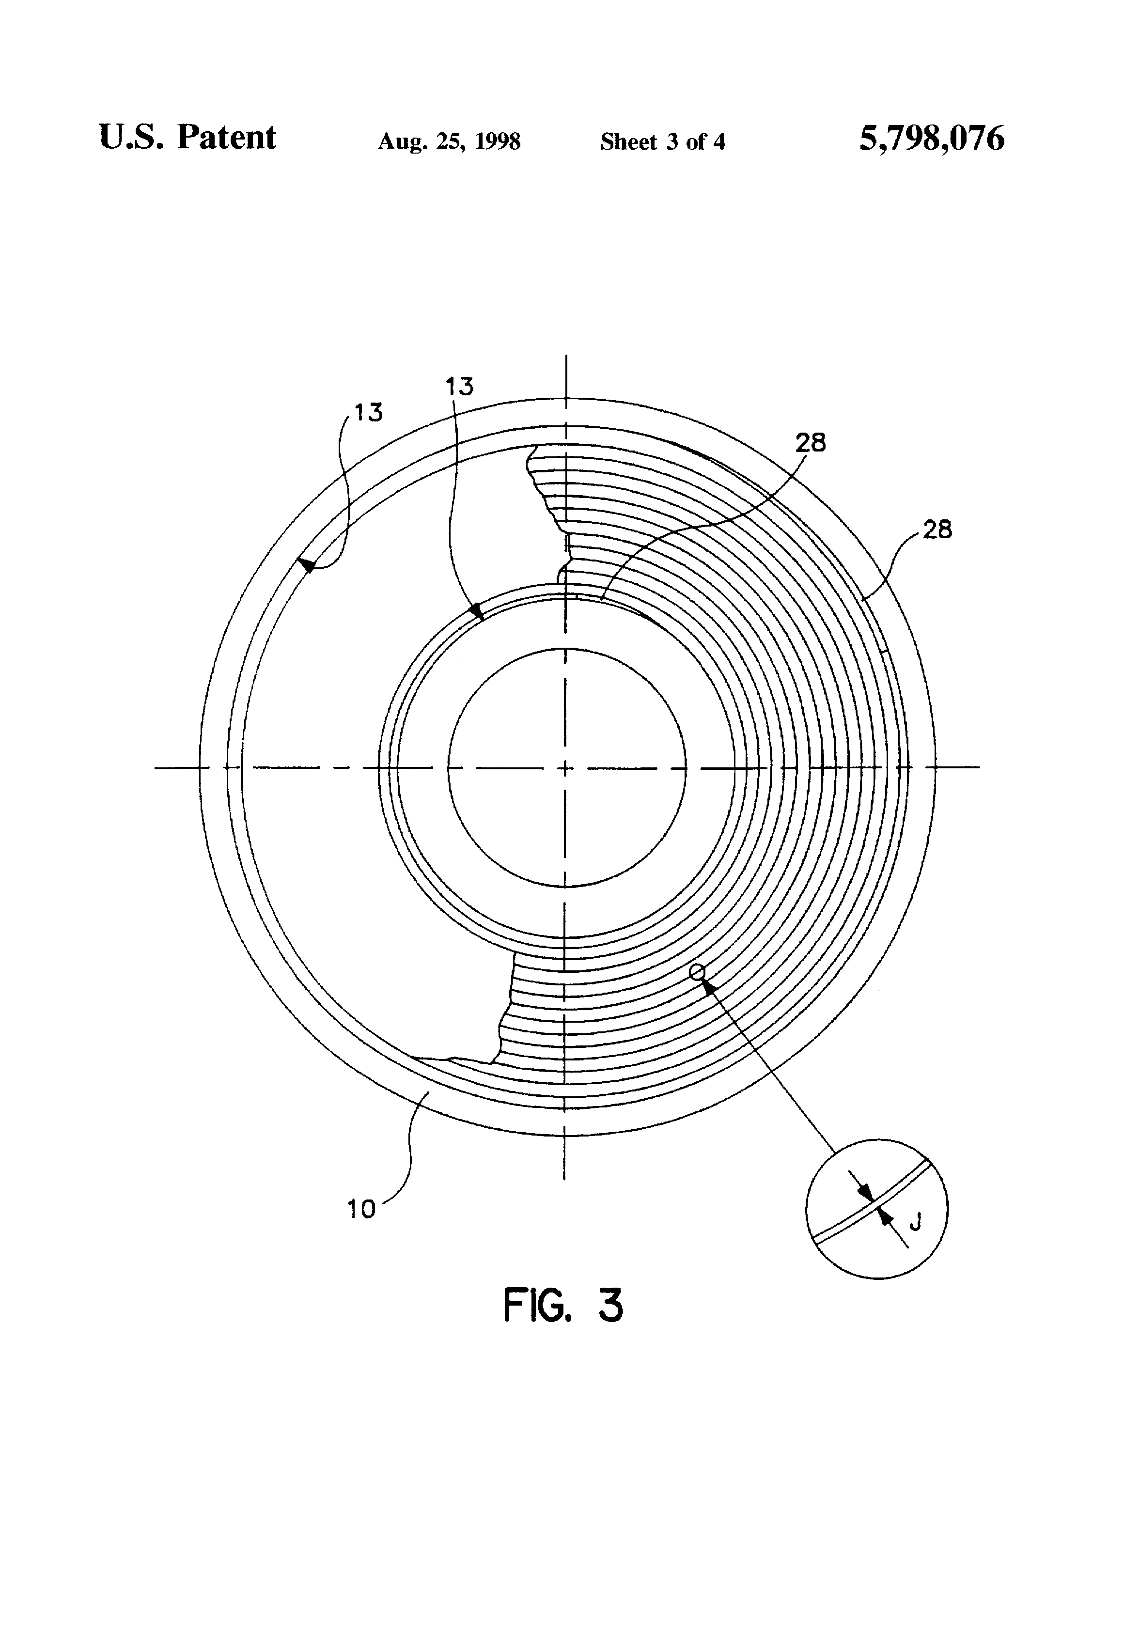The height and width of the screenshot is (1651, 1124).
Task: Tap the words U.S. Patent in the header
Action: click(187, 137)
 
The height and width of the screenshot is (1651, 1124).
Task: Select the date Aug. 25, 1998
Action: click(449, 141)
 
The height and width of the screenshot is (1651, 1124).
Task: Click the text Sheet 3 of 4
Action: click(663, 141)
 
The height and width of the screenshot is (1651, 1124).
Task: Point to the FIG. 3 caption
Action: click(562, 1305)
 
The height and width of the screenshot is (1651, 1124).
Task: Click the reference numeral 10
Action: click(361, 1209)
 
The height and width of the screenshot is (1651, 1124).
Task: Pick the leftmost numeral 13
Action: click(369, 412)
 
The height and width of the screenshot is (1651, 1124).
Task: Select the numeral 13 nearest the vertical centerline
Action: click(459, 387)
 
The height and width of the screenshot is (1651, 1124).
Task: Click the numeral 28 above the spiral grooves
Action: click(811, 443)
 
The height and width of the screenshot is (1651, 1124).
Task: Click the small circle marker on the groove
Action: click(697, 971)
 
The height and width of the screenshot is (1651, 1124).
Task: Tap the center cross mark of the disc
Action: click(565, 768)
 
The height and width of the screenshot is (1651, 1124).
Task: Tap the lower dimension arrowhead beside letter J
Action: click(885, 1216)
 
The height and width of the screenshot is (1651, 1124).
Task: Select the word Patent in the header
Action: click(227, 137)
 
